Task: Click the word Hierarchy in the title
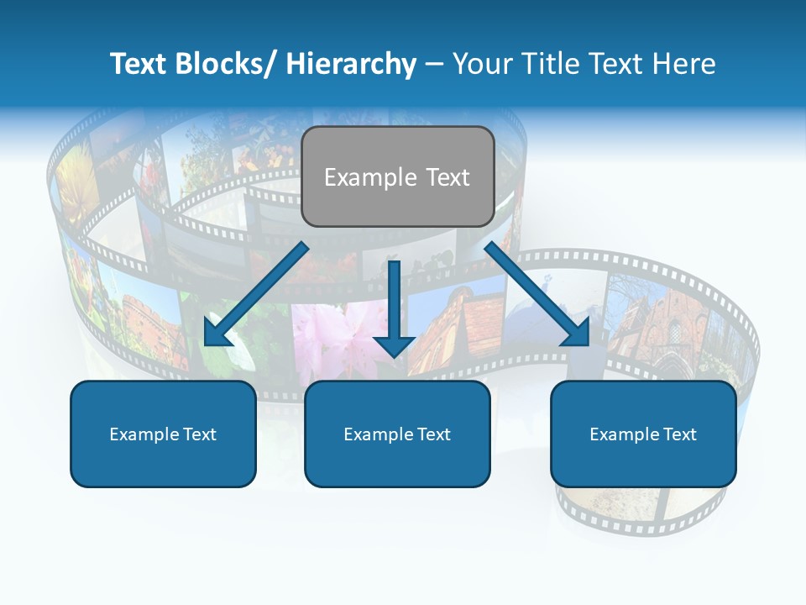[x=351, y=65]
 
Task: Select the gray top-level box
[x=397, y=176]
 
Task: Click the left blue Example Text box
[x=163, y=434]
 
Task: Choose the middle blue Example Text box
[x=397, y=434]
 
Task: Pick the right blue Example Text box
[x=643, y=434]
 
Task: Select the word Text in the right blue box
[x=680, y=434]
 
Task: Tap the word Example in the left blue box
[x=144, y=434]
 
